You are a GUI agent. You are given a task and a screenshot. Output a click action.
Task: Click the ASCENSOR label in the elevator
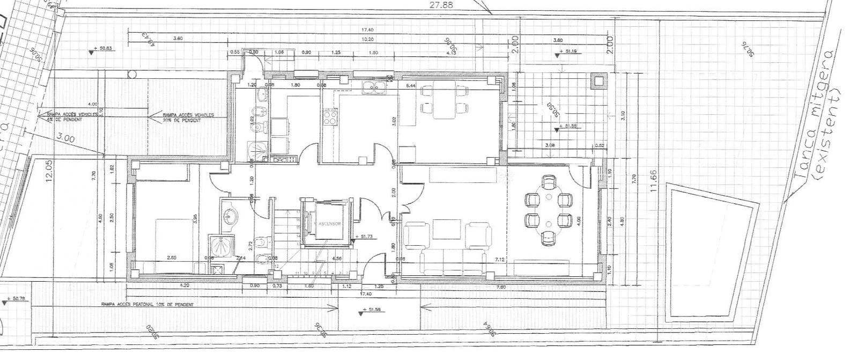[x=329, y=224]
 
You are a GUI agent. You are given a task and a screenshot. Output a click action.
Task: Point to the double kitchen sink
[x=374, y=87]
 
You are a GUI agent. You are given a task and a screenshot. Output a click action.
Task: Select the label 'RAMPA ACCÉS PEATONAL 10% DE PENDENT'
[x=147, y=304]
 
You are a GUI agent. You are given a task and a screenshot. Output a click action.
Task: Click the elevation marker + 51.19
[x=570, y=51]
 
